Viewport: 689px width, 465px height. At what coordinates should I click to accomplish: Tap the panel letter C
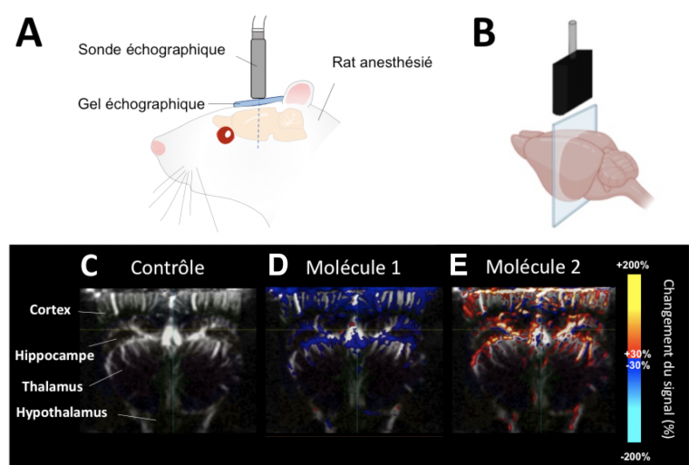pos(92,266)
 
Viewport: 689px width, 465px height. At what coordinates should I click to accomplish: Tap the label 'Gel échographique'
pos(141,104)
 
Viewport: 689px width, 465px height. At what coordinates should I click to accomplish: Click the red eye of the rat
pos(224,135)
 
